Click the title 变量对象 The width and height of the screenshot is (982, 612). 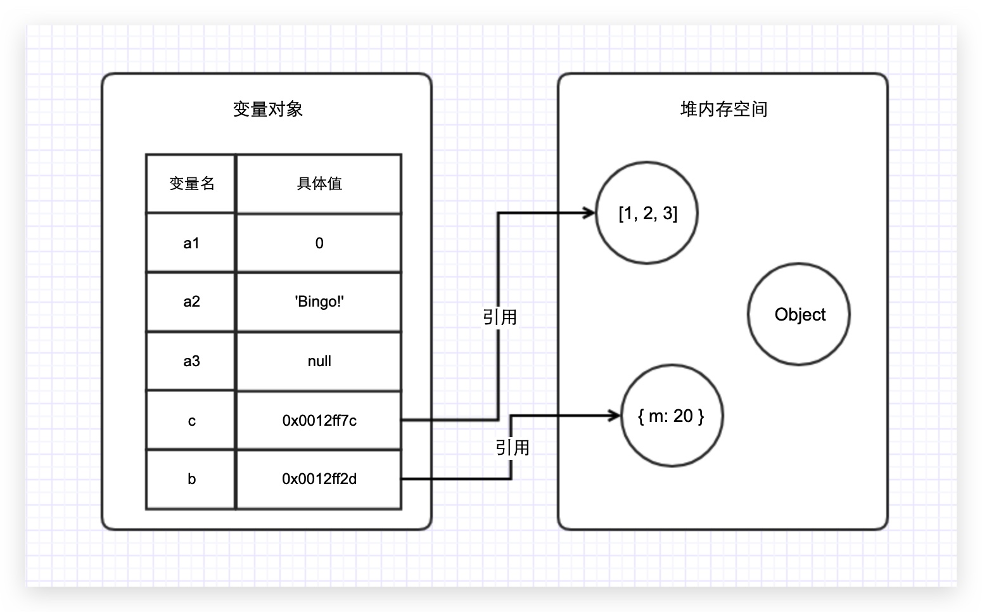[x=267, y=109]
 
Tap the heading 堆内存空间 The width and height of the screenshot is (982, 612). [x=724, y=109]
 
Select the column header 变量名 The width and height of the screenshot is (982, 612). [x=191, y=184]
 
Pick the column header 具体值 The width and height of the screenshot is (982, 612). [x=319, y=184]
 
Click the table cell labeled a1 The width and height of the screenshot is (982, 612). [x=191, y=243]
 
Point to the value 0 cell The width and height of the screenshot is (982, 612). [x=319, y=243]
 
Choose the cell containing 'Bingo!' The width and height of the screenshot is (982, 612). [x=319, y=302]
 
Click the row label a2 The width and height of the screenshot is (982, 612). [x=191, y=302]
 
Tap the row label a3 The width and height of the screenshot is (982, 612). [x=191, y=361]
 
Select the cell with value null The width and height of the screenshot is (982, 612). [x=319, y=361]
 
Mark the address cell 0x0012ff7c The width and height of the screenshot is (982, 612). [x=319, y=421]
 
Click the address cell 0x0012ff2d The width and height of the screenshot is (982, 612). [x=319, y=479]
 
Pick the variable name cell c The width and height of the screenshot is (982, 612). [x=191, y=421]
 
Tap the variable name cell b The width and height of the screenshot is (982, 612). [x=191, y=479]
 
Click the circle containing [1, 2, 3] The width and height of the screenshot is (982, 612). [x=647, y=213]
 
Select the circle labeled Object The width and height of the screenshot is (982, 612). [x=799, y=314]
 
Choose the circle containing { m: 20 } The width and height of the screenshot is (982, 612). [x=672, y=416]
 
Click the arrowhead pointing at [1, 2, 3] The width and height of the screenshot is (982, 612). [x=589, y=213]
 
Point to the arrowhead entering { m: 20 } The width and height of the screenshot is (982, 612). [x=614, y=416]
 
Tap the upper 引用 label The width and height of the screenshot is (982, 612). [x=500, y=317]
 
